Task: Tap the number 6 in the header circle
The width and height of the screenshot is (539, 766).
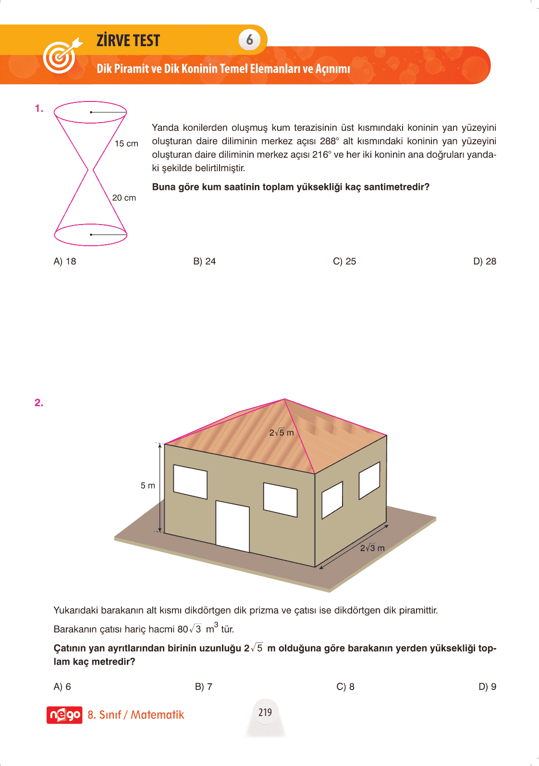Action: pos(249,39)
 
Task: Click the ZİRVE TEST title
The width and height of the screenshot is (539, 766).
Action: pos(128,40)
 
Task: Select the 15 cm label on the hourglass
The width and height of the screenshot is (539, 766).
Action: pos(126,143)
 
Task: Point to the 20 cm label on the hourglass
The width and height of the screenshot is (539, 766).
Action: pos(124,198)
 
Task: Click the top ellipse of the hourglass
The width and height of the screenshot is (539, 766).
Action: pos(90,112)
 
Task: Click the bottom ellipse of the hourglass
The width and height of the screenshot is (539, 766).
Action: pos(90,235)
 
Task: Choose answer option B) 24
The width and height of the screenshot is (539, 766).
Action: pos(205,261)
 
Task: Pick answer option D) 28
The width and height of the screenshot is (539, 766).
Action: pos(484,261)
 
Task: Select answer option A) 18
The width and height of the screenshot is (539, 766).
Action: pos(65,261)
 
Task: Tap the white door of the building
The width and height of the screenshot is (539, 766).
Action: pos(233,526)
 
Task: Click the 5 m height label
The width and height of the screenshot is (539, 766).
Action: pos(148,486)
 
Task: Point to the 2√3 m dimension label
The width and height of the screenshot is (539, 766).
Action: pos(372,548)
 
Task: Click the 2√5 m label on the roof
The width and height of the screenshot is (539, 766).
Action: pos(282,433)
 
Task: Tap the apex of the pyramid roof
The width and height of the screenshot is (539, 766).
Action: pos(284,399)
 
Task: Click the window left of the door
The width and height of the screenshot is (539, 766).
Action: pos(190,481)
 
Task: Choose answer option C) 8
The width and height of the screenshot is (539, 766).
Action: pos(345,687)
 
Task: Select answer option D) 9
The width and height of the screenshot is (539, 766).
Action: pos(487,687)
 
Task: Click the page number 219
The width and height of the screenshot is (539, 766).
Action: pos(265,712)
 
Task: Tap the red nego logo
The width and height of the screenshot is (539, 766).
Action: pos(64,715)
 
